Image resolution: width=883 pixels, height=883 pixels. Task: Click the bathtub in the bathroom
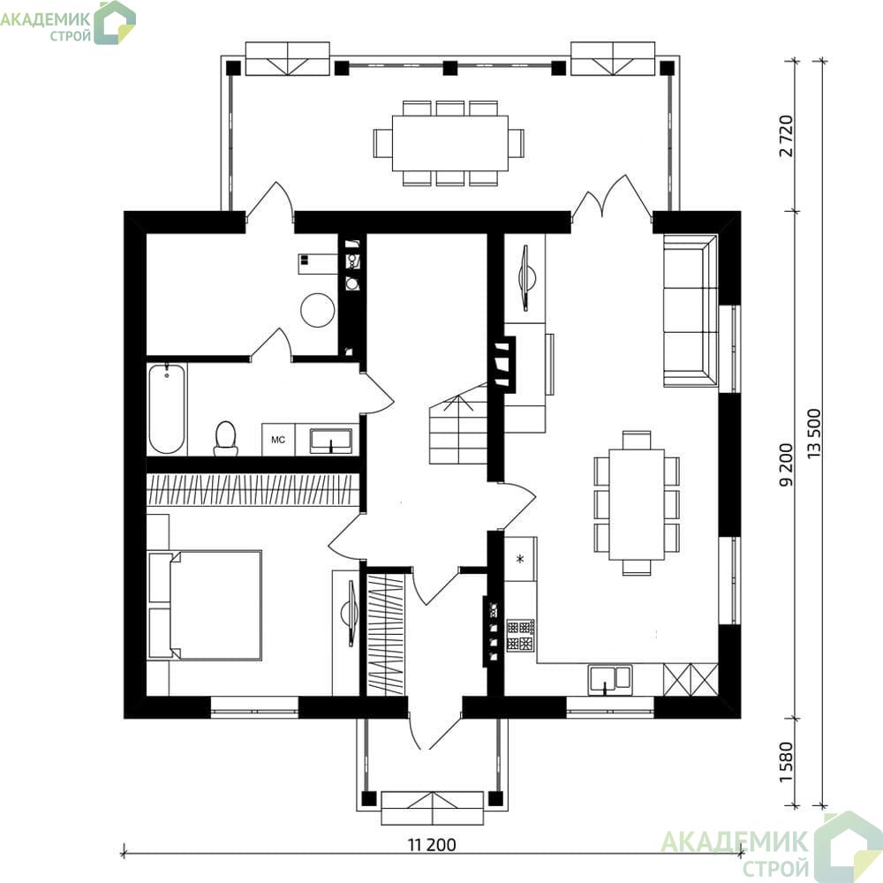click(x=167, y=409)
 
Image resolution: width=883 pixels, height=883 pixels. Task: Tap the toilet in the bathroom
click(x=226, y=438)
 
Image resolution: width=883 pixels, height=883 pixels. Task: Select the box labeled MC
click(x=278, y=440)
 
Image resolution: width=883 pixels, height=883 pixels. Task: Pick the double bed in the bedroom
click(x=205, y=606)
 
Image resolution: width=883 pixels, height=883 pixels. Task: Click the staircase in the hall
click(x=458, y=424)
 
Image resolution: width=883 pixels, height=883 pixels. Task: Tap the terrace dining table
click(x=449, y=142)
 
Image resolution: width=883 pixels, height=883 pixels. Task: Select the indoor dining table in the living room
click(x=637, y=503)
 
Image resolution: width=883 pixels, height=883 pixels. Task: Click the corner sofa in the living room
click(x=691, y=311)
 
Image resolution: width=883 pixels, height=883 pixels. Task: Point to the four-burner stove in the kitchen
click(x=520, y=636)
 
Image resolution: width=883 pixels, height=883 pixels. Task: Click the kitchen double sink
click(x=610, y=678)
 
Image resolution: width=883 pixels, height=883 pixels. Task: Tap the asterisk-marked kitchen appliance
click(x=520, y=559)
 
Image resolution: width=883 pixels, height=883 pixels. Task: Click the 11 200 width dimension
click(x=432, y=845)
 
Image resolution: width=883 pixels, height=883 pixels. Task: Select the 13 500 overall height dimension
click(x=814, y=433)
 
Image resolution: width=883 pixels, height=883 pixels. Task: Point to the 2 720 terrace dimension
click(x=786, y=136)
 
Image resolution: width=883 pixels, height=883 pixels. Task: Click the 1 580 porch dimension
click(x=786, y=762)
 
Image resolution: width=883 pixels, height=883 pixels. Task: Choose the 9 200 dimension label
click(x=786, y=465)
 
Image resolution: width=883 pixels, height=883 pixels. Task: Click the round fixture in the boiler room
click(x=318, y=310)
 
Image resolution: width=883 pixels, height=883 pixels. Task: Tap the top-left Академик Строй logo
click(x=68, y=23)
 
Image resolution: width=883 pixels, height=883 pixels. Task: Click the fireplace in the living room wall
click(x=504, y=364)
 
